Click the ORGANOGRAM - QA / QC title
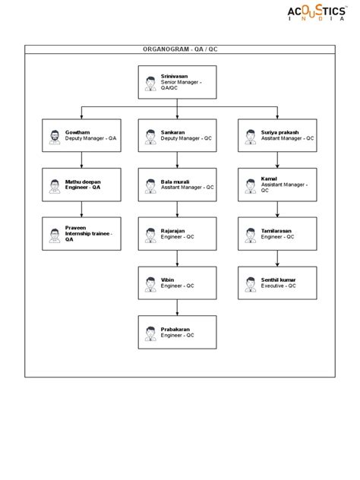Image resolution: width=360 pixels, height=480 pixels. pyautogui.click(x=180, y=49)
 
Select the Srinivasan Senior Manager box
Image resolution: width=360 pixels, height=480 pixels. pyautogui.click(x=177, y=83)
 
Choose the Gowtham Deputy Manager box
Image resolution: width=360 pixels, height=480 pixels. pyautogui.click(x=81, y=136)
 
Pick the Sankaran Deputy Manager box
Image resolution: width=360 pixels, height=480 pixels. pyautogui.click(x=177, y=136)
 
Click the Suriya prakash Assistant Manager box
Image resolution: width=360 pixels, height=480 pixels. pyautogui.click(x=276, y=136)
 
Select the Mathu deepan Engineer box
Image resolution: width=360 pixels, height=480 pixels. pyautogui.click(x=81, y=185)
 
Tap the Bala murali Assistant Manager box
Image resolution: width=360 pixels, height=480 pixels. pyautogui.click(x=177, y=185)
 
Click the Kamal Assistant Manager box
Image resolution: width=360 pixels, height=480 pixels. pyautogui.click(x=276, y=185)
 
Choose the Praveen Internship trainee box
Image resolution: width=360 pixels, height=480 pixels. pyautogui.click(x=81, y=234)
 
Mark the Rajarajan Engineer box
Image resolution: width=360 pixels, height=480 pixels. pyautogui.click(x=177, y=234)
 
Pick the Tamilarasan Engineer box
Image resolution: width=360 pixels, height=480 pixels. pyautogui.click(x=276, y=234)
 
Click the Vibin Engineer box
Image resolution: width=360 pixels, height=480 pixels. pyautogui.click(x=177, y=283)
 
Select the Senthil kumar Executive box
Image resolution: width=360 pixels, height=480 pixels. pyautogui.click(x=276, y=283)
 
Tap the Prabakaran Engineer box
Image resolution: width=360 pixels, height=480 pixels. pyautogui.click(x=177, y=332)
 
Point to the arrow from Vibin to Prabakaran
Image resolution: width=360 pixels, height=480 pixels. pyautogui.click(x=177, y=308)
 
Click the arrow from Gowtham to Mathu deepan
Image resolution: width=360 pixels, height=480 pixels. pyautogui.click(x=81, y=160)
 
